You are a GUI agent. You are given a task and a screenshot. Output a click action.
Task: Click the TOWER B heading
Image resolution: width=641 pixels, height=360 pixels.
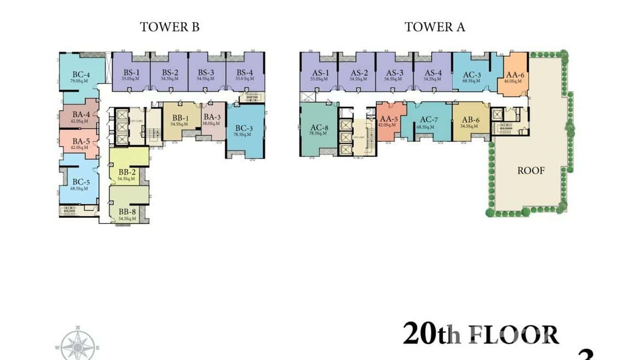[x=169, y=27]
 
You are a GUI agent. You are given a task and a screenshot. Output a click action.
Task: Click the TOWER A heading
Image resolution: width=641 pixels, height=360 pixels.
[x=434, y=27]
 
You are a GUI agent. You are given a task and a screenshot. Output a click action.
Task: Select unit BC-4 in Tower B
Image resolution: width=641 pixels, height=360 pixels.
[x=81, y=76]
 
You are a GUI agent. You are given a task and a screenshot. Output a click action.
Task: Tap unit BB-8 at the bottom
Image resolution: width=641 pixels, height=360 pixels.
[x=128, y=213]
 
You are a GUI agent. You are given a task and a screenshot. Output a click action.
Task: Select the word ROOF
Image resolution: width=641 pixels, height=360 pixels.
[x=531, y=170]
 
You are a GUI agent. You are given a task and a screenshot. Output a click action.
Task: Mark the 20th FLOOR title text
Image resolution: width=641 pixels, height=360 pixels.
[x=480, y=334]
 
